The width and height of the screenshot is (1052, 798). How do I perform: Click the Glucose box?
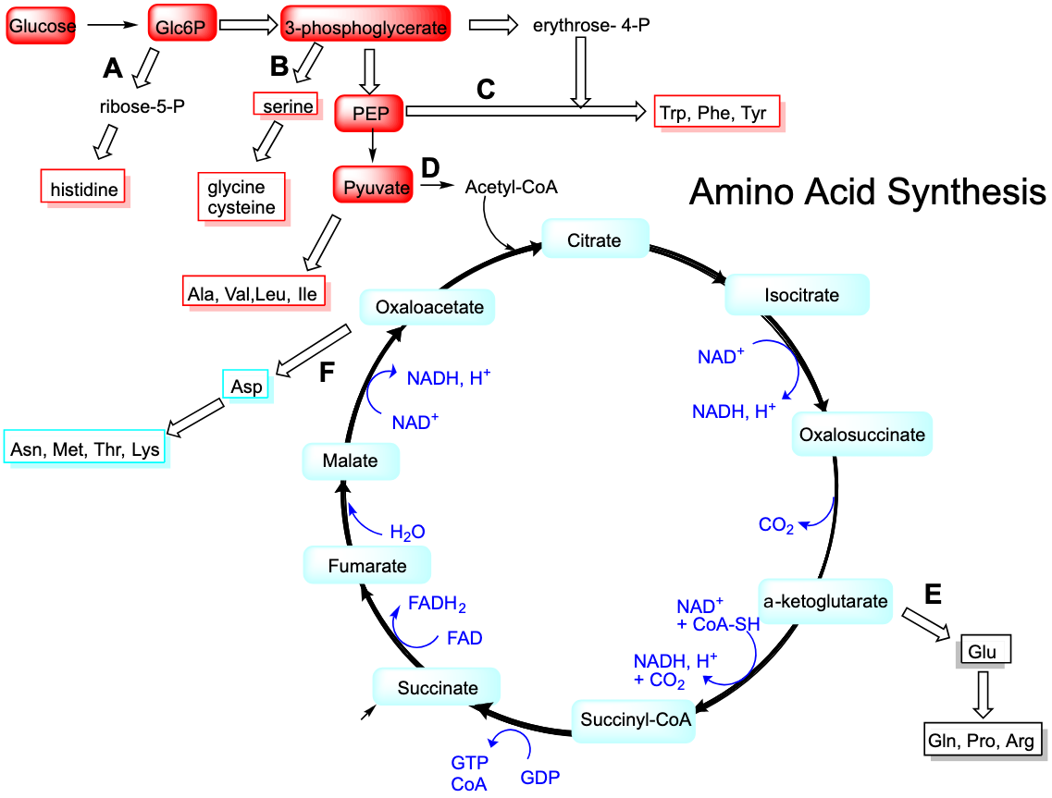41,27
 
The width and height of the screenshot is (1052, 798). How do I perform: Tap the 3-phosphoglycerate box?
365,28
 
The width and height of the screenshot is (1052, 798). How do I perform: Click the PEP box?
369,114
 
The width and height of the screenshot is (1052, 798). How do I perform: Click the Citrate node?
595,240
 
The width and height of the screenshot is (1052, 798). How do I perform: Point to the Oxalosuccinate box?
861,435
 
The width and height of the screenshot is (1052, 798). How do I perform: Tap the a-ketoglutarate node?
825,602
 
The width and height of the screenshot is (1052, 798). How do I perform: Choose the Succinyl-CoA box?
635,720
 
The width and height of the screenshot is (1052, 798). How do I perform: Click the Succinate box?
437,688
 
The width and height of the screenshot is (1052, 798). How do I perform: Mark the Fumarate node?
367,566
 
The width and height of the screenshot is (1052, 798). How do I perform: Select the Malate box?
351,460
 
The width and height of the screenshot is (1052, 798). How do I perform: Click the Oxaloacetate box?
427,307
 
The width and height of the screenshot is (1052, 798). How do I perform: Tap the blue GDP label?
540,778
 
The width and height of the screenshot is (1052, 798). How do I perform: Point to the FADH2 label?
437,606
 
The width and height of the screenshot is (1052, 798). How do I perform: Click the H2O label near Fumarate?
407,533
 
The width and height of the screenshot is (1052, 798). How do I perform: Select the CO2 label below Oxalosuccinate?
775,526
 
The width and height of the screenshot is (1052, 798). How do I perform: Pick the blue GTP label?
469,764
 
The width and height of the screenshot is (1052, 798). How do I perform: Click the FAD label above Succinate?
464,639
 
